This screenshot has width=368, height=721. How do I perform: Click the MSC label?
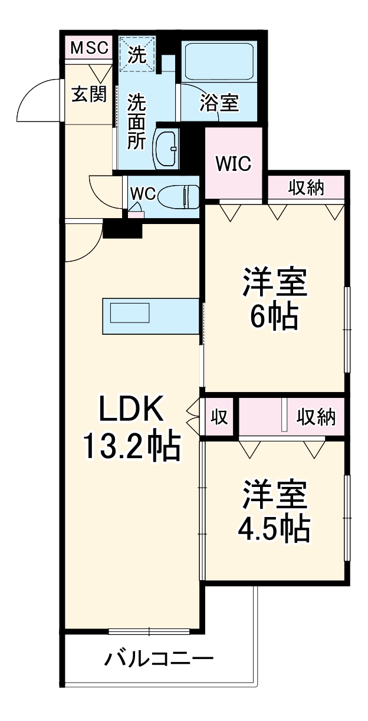pyautogui.click(x=90, y=48)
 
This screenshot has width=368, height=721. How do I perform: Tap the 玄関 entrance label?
pyautogui.click(x=90, y=94)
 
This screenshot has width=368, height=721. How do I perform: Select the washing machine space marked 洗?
pyautogui.click(x=136, y=54)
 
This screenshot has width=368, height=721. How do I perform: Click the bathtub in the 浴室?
pyautogui.click(x=219, y=61)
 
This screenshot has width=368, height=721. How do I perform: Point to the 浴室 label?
pyautogui.click(x=219, y=103)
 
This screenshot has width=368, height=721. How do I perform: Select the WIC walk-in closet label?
pyautogui.click(x=233, y=163)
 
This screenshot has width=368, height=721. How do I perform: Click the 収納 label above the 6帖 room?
pyautogui.click(x=307, y=188)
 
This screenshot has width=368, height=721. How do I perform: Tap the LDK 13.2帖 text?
pyautogui.click(x=130, y=429)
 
